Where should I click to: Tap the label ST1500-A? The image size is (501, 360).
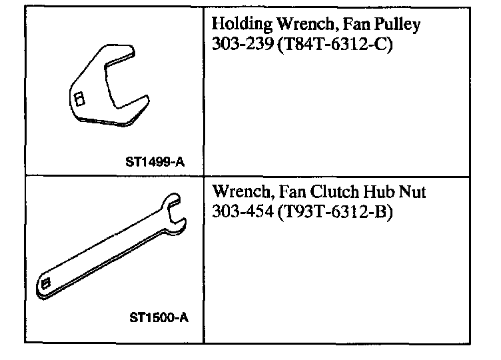pyautogui.click(x=158, y=317)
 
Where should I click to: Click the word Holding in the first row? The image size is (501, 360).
pyautogui.click(x=241, y=25)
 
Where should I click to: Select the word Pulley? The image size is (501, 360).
pyautogui.click(x=397, y=25)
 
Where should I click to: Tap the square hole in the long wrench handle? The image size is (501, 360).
pyautogui.click(x=46, y=283)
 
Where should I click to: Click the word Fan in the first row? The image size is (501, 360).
pyautogui.click(x=358, y=25)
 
